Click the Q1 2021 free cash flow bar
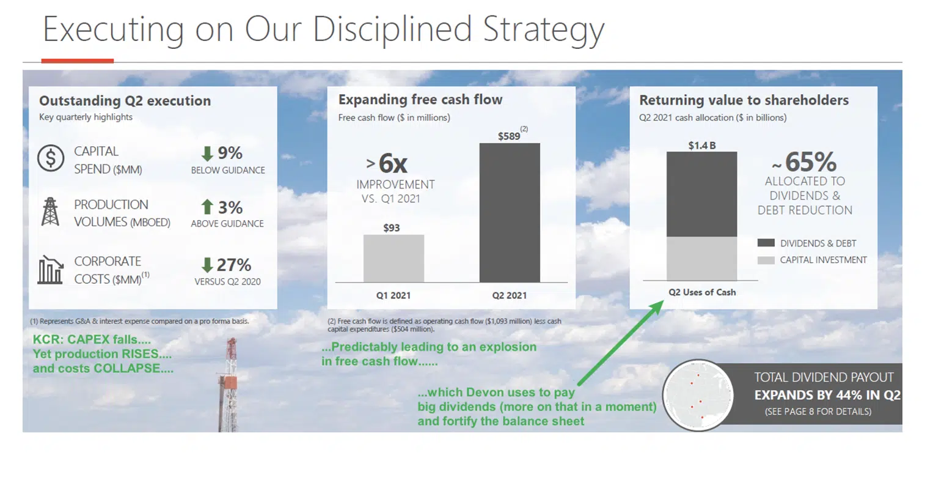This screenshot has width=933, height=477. point(393,258)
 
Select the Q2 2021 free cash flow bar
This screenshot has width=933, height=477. point(509,212)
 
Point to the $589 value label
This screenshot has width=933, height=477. point(508,135)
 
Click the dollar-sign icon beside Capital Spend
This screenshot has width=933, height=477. point(51,158)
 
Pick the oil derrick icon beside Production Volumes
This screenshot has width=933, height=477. point(50,212)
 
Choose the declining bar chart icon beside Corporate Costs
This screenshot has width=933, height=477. point(50,270)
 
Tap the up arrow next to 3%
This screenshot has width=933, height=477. point(207,207)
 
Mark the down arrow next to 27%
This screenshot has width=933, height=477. point(207,265)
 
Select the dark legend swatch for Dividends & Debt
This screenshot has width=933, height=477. point(766,243)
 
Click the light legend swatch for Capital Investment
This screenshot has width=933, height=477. point(766,260)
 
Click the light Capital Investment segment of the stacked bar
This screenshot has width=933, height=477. point(701,258)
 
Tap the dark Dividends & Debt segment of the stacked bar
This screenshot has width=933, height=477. point(701,194)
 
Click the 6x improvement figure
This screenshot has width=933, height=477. point(392,163)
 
